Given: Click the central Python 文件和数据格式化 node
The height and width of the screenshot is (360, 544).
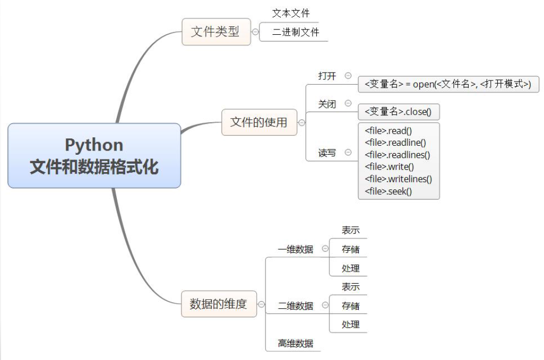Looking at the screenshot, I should coord(94,155).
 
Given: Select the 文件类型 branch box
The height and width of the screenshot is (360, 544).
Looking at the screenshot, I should coord(216,32).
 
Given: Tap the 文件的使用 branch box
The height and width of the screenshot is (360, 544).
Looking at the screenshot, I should coord(259,122).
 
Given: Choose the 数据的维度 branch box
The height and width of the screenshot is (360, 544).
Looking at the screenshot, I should coord(218,304).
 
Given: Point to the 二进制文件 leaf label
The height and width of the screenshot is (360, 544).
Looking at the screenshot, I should coord(296,32).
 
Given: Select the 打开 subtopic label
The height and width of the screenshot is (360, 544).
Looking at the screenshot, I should coord(327,76).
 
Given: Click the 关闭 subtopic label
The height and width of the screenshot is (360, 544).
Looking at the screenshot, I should coord(327,104).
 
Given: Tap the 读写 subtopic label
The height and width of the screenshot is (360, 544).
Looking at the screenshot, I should coord(327,153).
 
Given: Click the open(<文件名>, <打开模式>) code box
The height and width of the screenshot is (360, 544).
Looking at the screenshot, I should coord(448,84).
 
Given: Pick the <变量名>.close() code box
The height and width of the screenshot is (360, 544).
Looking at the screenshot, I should coord(398,112).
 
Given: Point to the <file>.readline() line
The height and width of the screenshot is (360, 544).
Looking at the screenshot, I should coord(395,142).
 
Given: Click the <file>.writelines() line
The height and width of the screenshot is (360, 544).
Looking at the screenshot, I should coord(398,179).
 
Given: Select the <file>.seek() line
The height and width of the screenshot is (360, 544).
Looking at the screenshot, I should coord(388,191).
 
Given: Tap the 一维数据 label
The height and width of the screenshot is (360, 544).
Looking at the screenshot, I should coord(295,249).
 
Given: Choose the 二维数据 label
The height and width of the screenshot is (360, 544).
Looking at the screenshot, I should coord(295,306).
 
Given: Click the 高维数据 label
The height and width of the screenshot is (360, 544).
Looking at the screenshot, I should coord(295,344).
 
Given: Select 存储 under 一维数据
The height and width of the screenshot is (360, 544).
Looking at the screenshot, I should coord(350,249).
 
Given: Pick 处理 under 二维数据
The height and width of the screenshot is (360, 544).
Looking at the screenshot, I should coord(350,325).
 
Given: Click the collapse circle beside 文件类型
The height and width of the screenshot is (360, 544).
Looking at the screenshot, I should coord(256,32).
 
